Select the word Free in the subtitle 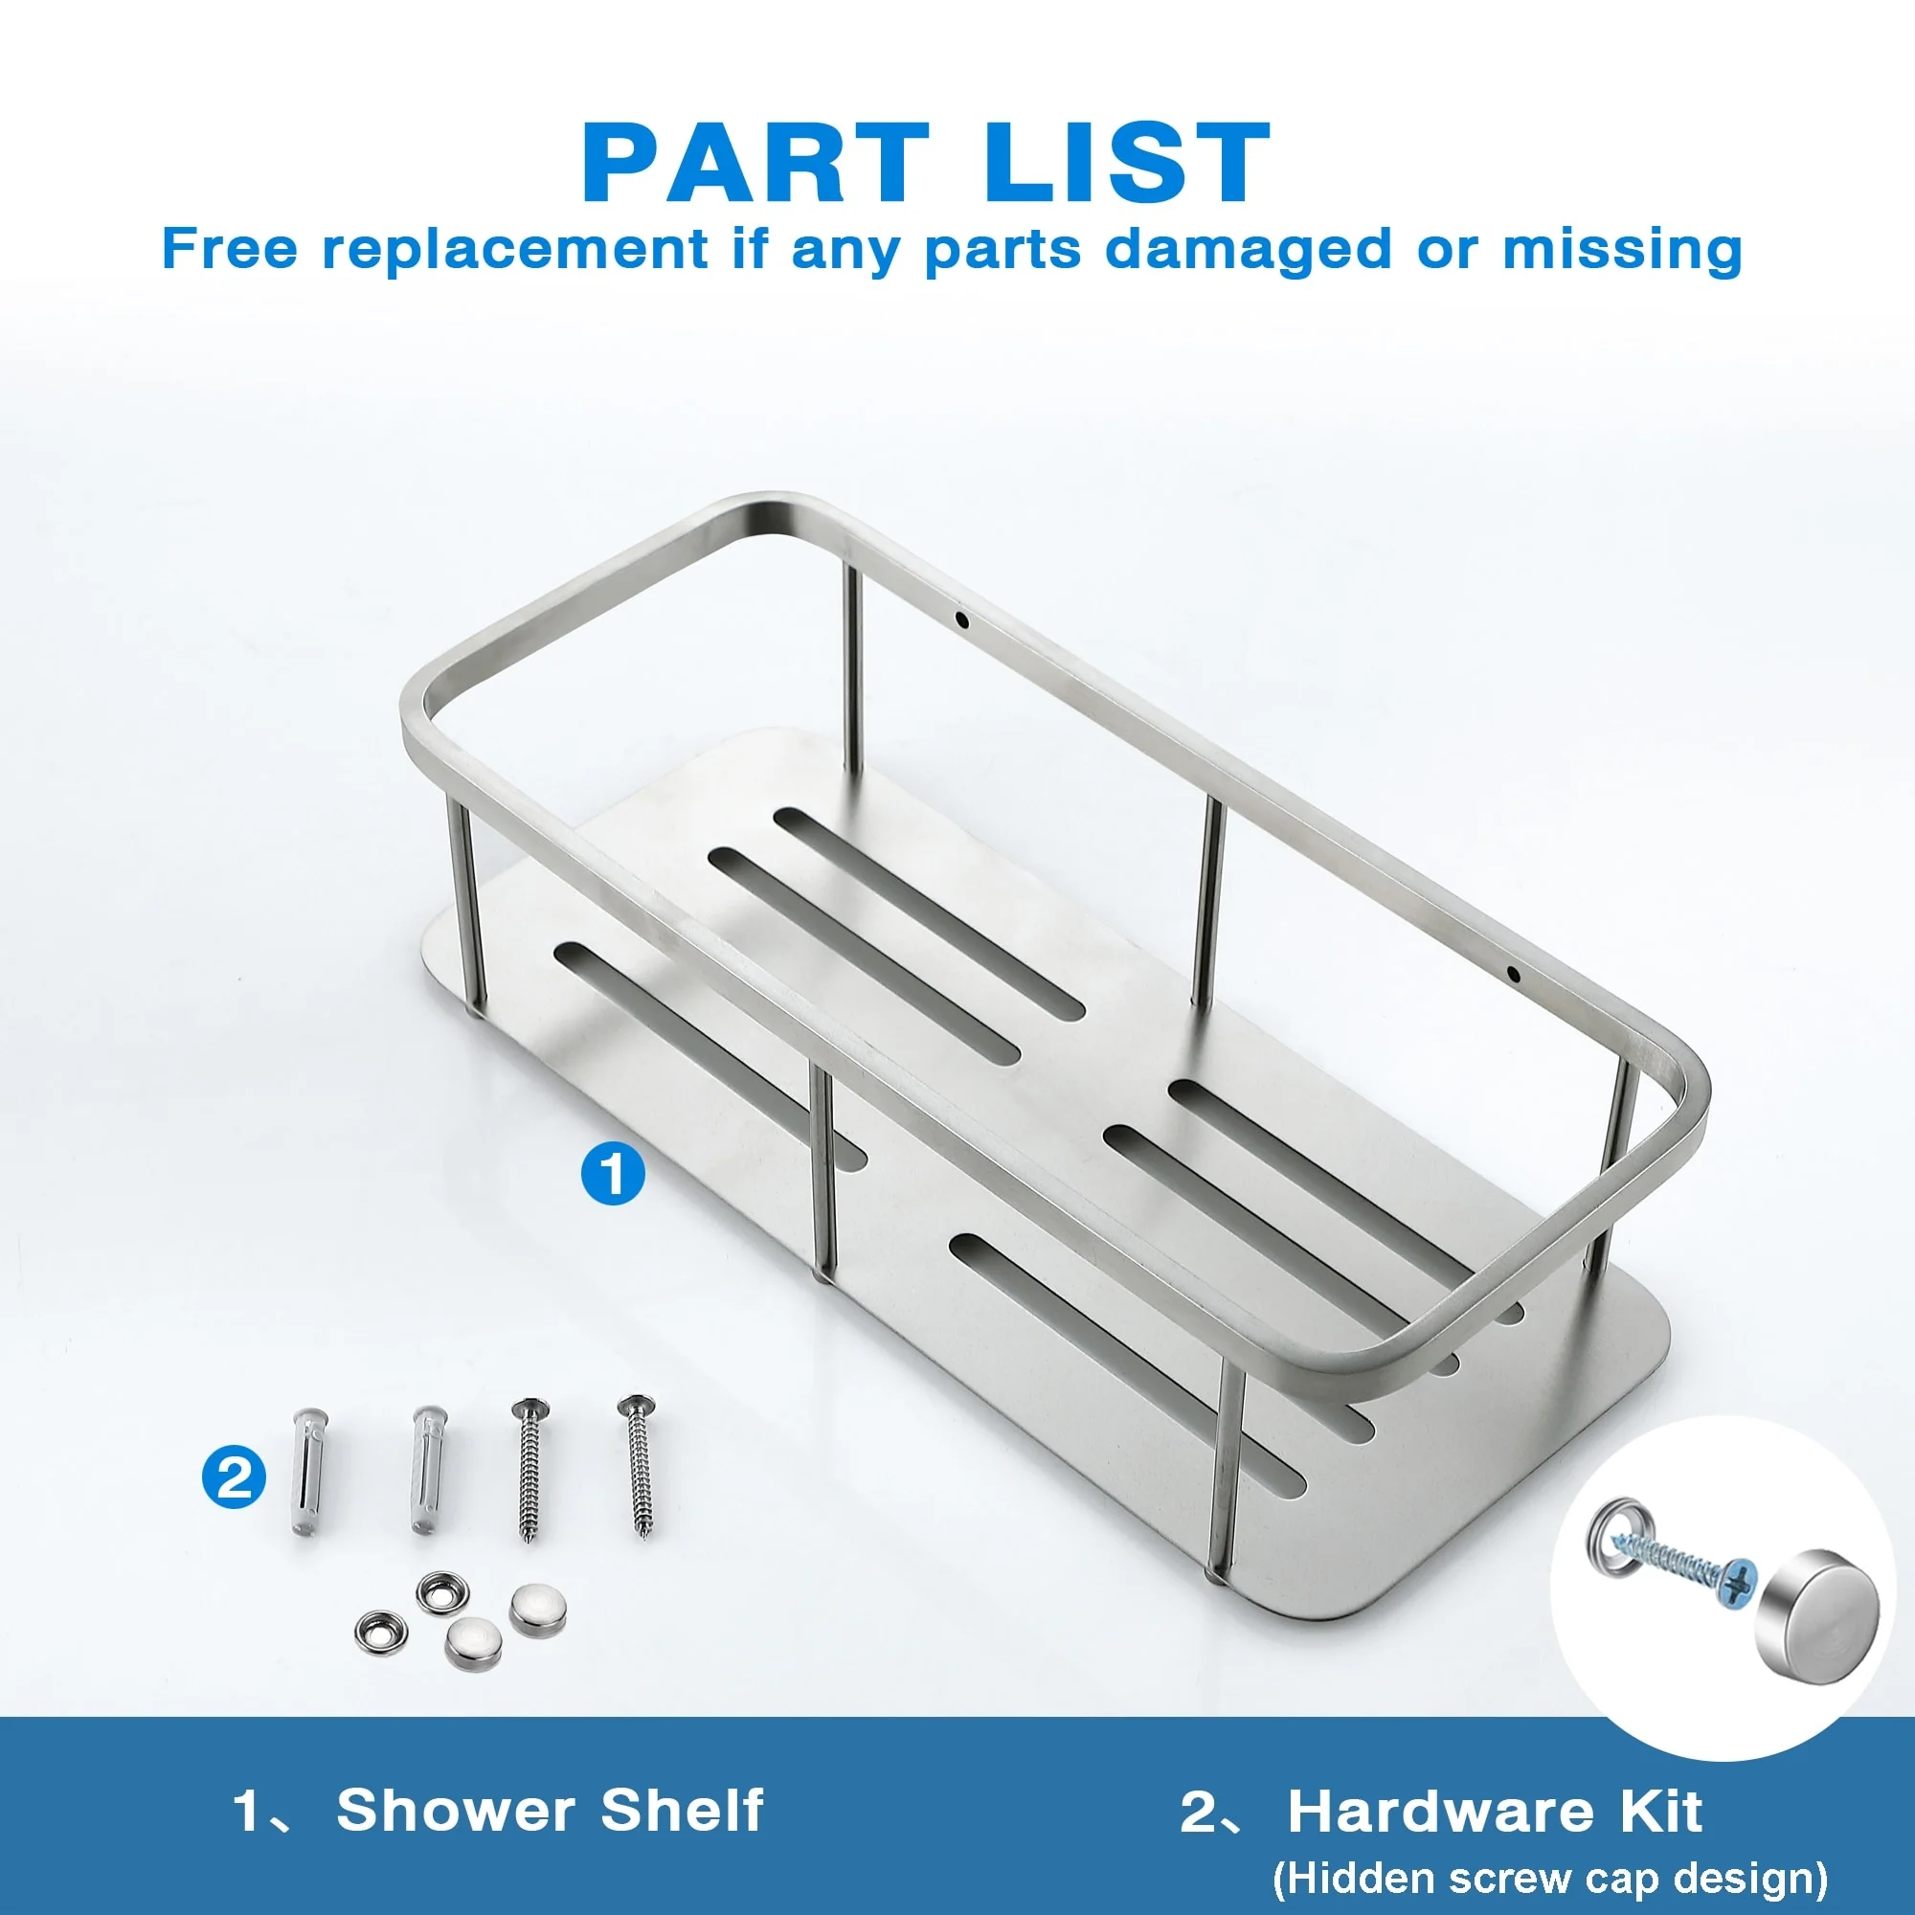230,248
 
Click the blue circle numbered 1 613,1174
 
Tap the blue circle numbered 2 234,1479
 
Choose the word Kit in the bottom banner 1662,1812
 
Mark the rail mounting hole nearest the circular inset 1513,974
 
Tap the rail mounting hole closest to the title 960,621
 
